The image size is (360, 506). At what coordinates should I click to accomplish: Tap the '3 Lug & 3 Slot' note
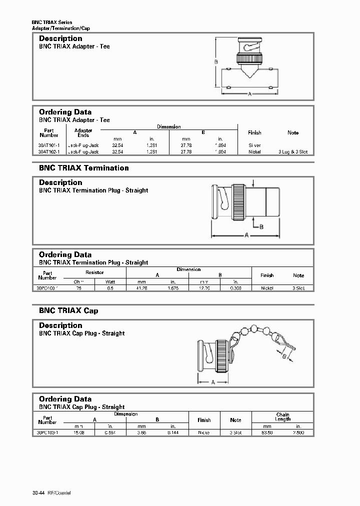[293, 151]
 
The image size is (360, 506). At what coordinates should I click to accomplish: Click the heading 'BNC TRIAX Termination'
[84, 168]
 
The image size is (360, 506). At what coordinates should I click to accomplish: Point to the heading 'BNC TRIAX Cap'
[68, 310]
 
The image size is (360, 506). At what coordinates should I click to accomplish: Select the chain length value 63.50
[266, 433]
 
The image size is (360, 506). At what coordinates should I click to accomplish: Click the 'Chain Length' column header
[282, 417]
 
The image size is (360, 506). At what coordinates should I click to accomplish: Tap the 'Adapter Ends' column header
[83, 132]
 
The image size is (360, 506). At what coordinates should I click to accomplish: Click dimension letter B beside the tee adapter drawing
[216, 62]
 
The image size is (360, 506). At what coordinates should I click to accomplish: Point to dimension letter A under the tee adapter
[249, 94]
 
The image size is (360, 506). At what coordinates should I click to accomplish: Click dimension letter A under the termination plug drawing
[246, 236]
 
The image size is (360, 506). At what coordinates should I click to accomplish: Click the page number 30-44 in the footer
[38, 493]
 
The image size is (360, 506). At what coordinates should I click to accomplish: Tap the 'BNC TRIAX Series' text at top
[52, 22]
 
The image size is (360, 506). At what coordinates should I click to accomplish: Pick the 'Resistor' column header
[94, 272]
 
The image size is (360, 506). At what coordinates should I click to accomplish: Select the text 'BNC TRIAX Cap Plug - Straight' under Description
[82, 333]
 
